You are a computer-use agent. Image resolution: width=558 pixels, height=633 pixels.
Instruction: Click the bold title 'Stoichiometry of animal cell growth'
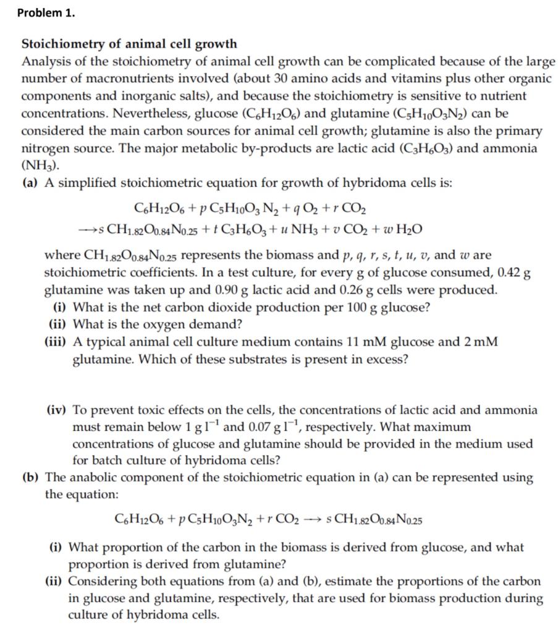pos(129,44)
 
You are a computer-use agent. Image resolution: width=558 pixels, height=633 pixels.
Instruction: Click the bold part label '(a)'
pos(30,184)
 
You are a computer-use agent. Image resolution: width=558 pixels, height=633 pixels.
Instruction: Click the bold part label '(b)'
pos(31,477)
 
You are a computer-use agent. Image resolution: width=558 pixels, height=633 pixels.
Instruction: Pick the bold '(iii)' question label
pos(56,342)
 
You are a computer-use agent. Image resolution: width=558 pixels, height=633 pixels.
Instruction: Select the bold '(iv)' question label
pos(58,410)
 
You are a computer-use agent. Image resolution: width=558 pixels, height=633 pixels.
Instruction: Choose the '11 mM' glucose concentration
pos(361,342)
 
